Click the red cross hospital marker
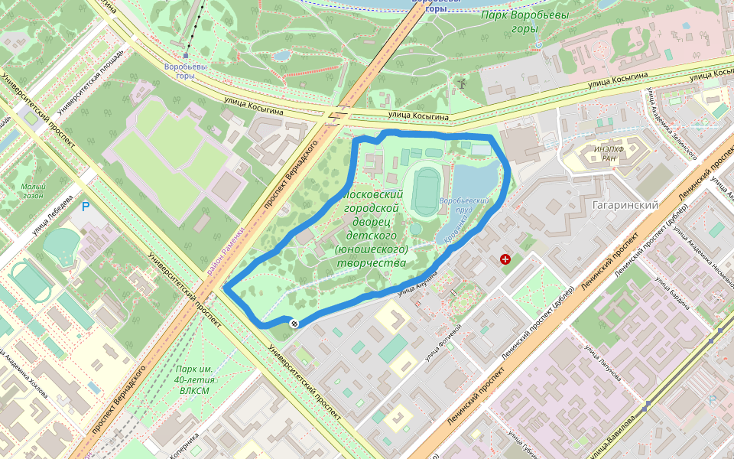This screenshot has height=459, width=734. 505,260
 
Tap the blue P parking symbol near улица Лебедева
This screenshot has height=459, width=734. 85,207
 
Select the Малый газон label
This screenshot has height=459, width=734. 33,190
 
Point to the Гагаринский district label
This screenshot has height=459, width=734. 625,205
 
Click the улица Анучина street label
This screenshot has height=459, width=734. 417,282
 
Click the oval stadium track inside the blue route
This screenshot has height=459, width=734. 426,191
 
